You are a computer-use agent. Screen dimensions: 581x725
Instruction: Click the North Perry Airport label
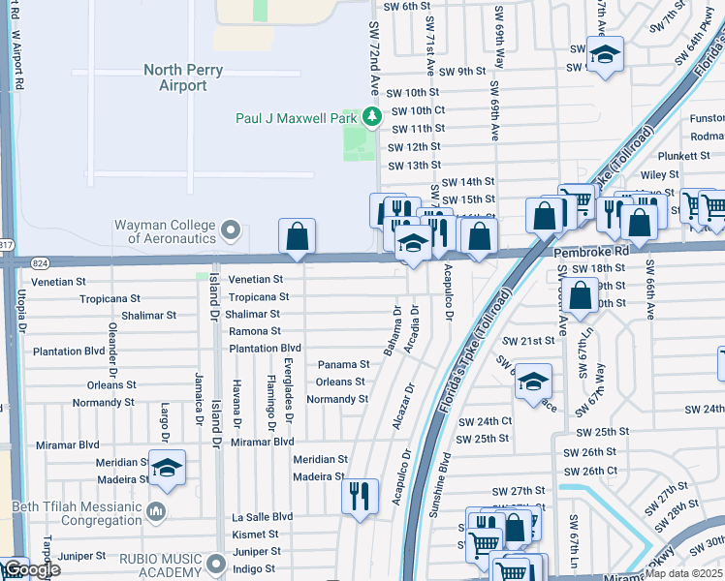(183, 77)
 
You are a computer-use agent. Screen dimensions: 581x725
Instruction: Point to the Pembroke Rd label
(592, 250)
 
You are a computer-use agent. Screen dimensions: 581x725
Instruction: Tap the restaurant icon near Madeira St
(359, 496)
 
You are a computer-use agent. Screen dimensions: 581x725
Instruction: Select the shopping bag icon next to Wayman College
(297, 235)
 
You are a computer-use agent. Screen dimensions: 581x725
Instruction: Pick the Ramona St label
(255, 331)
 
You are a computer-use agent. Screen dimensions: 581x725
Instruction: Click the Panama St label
(343, 365)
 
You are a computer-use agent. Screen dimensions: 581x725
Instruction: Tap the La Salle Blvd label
(262, 517)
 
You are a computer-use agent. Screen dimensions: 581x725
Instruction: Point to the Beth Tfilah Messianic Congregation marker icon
(156, 510)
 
